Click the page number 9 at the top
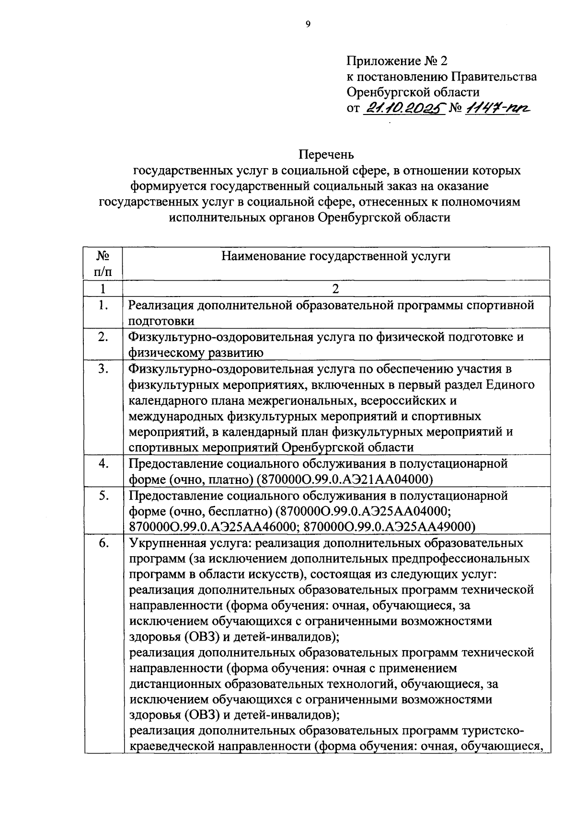(308, 25)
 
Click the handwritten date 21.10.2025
(402, 109)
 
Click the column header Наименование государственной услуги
(335, 256)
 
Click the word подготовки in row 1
(161, 321)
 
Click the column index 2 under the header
(335, 289)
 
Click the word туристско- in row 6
(493, 731)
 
